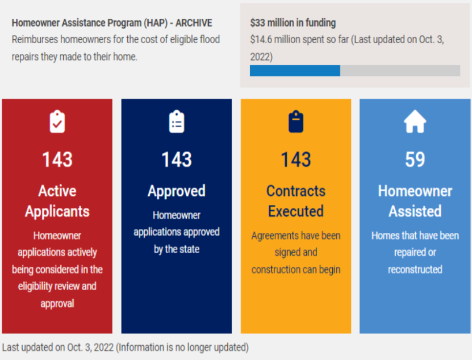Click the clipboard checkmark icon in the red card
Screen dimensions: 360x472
point(57,122)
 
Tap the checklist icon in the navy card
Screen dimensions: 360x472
point(177,122)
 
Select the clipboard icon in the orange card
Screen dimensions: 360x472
point(296,122)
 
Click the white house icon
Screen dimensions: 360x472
point(415,122)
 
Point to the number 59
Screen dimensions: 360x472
point(415,160)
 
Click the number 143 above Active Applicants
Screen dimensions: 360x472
point(57,160)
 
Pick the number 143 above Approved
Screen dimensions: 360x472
point(177,160)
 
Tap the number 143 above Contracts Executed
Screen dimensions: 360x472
point(296,160)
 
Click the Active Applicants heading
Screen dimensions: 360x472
point(57,201)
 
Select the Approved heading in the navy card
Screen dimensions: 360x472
point(177,191)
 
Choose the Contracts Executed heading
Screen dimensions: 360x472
point(296,201)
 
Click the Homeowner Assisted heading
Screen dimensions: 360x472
point(415,201)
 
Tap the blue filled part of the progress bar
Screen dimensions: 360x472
point(295,70)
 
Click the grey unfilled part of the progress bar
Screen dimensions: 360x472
point(400,70)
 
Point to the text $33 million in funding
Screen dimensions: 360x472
point(293,23)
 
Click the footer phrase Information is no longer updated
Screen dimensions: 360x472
point(182,347)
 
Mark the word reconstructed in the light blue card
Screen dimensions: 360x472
point(415,269)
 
